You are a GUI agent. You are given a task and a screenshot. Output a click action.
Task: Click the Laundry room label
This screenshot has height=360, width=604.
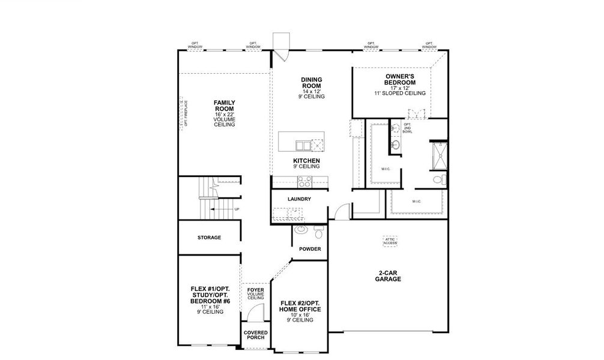tap(299, 199)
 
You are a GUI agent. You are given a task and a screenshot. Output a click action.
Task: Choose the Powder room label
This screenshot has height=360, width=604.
tap(310, 249)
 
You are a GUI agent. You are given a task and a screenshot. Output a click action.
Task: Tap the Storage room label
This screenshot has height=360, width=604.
tap(210, 238)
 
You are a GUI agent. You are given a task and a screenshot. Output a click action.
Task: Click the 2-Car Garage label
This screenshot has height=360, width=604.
tap(388, 276)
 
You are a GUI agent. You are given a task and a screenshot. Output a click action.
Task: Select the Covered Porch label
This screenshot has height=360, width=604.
tap(256, 335)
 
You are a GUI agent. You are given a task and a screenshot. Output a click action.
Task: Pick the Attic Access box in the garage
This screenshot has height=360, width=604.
tap(391, 241)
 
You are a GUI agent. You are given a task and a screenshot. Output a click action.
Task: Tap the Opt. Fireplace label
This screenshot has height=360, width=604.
tap(186, 113)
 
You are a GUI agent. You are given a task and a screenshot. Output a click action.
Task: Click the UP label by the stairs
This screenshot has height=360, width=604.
tap(237, 209)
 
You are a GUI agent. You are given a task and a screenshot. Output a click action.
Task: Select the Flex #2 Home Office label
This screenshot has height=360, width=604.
tap(300, 310)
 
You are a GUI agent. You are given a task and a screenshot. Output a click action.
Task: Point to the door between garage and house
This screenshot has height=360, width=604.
tap(342, 211)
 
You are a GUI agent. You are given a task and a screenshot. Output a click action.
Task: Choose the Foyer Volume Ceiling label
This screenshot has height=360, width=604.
tap(256, 294)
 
